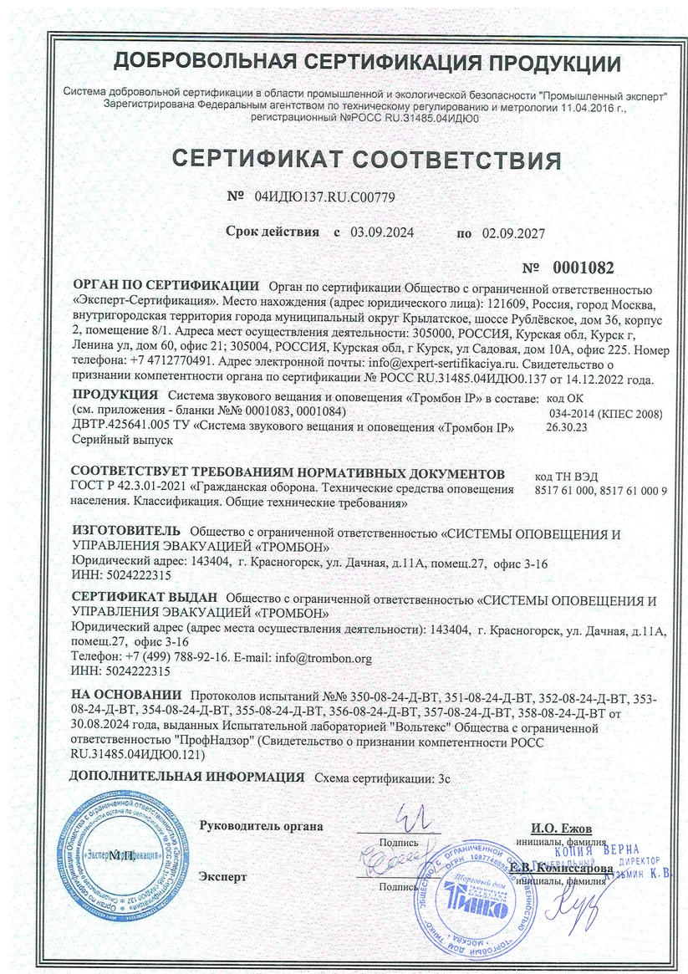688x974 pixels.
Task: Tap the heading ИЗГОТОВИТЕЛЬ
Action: coord(126,531)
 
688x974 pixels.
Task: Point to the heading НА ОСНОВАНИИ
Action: coord(126,695)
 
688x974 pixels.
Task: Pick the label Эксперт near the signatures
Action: coord(223,877)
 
